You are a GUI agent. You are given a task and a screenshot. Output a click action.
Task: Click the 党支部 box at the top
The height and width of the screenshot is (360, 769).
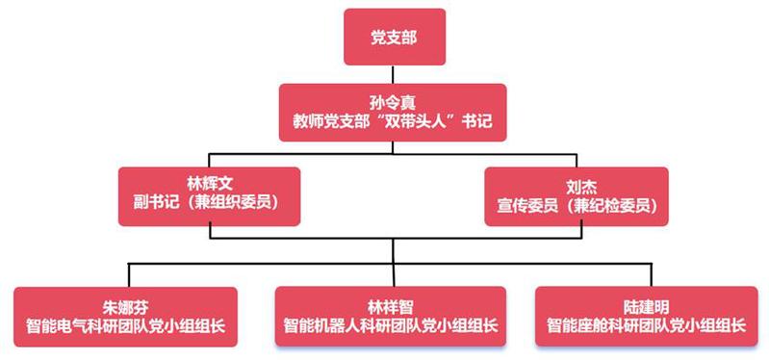(x=395, y=37)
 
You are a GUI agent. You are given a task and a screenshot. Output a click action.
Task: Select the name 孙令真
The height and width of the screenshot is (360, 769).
(x=393, y=103)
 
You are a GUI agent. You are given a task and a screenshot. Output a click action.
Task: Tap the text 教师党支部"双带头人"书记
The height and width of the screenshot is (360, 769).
(x=393, y=121)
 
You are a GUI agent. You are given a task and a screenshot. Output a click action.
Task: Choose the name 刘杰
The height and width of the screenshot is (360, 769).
(x=577, y=188)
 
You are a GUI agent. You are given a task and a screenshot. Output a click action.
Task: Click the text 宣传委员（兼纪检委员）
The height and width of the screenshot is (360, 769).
(x=577, y=206)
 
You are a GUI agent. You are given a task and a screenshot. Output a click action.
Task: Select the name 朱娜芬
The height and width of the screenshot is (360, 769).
(x=125, y=307)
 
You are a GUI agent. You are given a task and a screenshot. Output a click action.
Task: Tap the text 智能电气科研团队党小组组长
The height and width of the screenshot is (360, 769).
(x=125, y=326)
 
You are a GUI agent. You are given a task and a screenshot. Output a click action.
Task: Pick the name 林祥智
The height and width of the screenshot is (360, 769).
(x=391, y=307)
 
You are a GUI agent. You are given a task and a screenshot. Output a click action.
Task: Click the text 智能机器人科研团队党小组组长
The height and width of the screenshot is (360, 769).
(x=391, y=326)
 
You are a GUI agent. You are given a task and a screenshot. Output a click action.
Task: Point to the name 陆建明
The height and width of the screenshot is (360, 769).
(x=647, y=307)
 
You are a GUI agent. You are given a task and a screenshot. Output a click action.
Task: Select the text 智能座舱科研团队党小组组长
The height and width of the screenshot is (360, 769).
(x=647, y=326)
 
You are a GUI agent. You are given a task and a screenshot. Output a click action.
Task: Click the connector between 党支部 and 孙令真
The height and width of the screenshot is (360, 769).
(x=393, y=74)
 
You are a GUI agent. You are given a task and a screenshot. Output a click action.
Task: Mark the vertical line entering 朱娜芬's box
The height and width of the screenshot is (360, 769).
(x=129, y=275)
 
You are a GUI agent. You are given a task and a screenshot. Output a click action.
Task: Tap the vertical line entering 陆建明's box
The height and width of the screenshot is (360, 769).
(x=652, y=275)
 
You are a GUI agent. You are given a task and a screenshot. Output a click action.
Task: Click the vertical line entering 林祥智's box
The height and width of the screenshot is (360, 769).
(x=393, y=275)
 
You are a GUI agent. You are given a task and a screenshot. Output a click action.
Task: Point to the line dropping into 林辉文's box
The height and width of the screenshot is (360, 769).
(x=210, y=161)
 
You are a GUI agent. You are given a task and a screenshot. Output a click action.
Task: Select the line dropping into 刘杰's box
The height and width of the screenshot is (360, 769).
(x=577, y=161)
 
